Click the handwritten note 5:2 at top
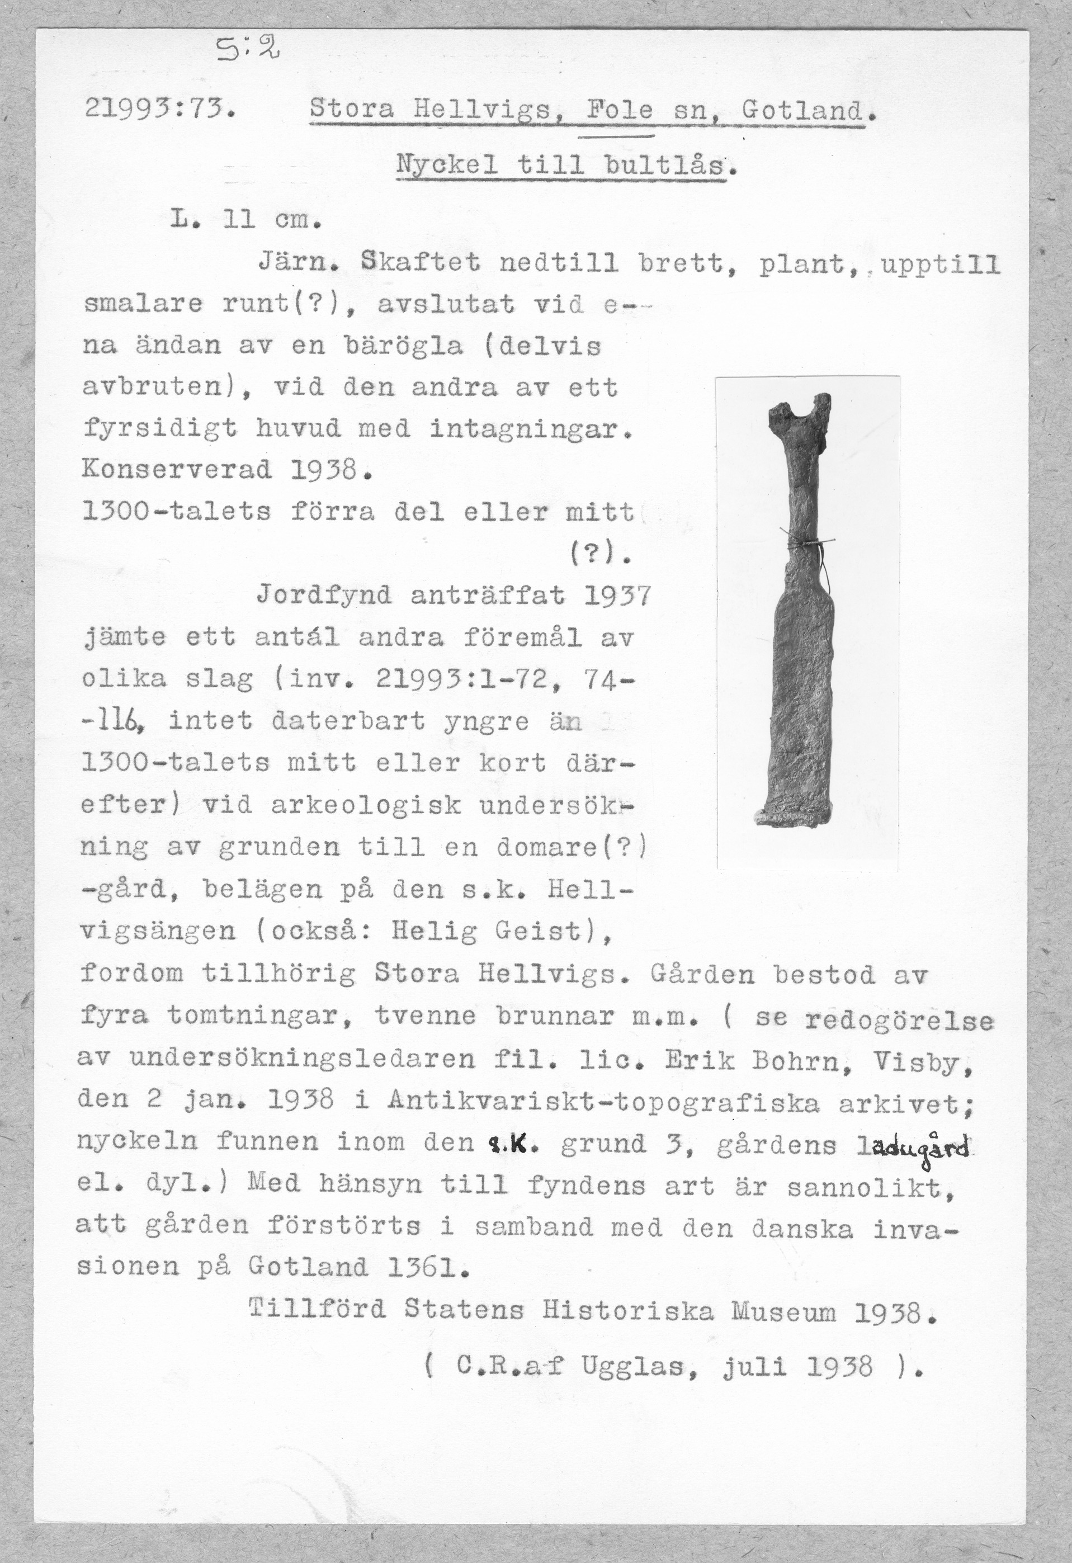pos(245,49)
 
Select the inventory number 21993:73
pos(159,109)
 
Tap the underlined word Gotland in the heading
pos(802,110)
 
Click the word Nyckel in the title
pos(446,166)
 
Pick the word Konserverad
pos(177,469)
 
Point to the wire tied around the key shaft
pos(809,543)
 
